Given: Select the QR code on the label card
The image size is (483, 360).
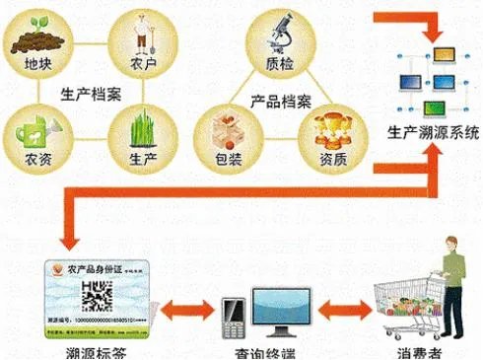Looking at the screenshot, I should pyautogui.click(x=96, y=295).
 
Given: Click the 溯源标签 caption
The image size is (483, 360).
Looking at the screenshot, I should pyautogui.click(x=96, y=352).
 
